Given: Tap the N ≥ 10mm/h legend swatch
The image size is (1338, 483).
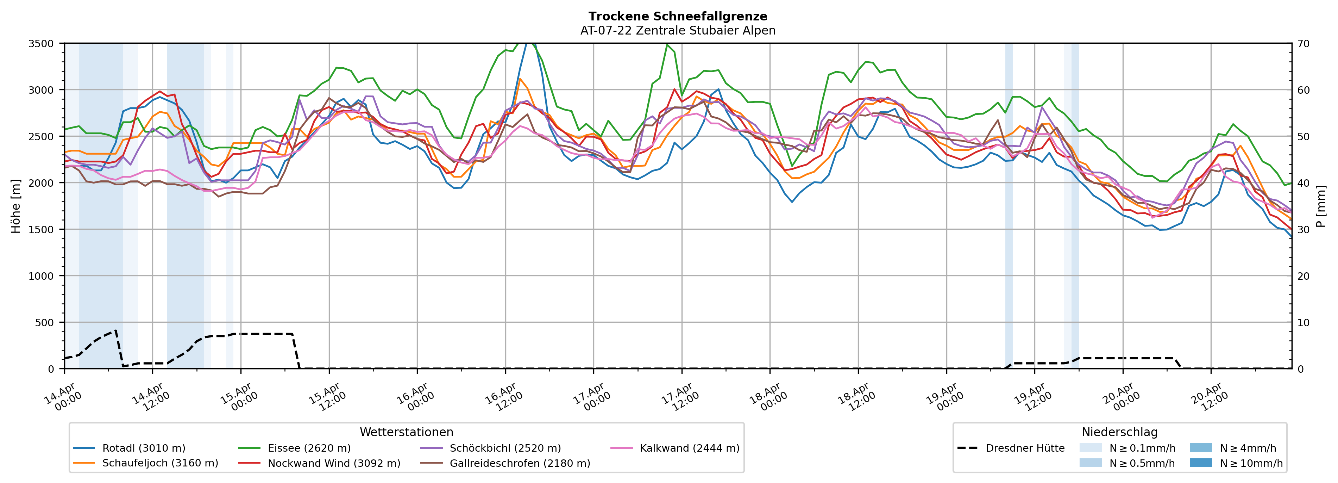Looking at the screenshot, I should tap(1201, 463).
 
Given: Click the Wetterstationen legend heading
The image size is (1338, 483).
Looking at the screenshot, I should tap(406, 432).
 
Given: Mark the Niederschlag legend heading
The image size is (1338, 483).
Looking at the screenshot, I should tap(1119, 432).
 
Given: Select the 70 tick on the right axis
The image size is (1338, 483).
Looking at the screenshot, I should tap(1303, 44).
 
